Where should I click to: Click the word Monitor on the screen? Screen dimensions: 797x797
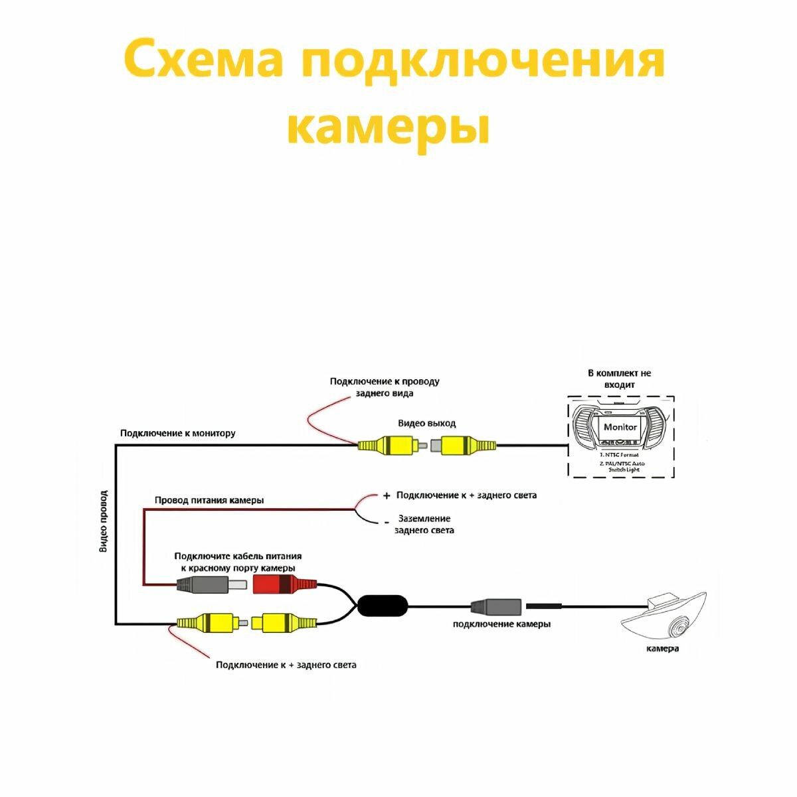(620, 427)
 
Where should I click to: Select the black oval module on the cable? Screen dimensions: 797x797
(383, 605)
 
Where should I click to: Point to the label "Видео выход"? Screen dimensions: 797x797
(427, 423)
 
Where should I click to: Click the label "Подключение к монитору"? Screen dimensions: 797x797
(177, 433)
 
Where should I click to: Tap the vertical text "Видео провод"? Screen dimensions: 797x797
(103, 521)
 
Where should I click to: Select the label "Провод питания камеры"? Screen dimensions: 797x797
(209, 499)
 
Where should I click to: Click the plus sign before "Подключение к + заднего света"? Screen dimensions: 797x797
(387, 496)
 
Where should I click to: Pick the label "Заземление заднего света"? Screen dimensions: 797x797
(424, 524)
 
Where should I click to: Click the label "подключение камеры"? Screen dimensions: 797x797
(501, 624)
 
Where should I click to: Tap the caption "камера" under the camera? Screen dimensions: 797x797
(662, 648)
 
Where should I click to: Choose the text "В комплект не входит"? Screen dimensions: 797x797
(620, 379)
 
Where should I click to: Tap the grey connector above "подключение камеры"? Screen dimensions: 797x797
(496, 606)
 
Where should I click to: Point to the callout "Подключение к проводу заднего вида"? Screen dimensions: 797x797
(385, 387)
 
